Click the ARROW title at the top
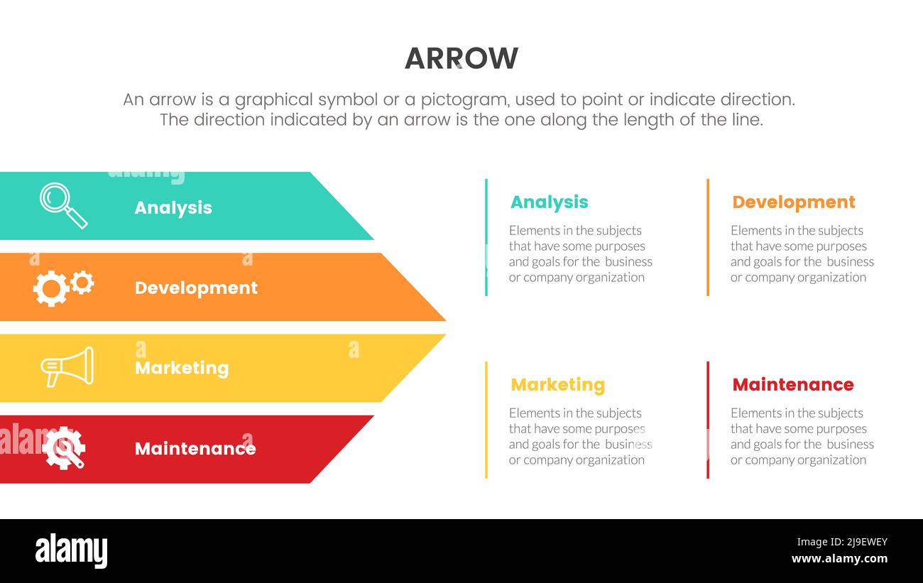461,58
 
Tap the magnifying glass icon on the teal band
63,205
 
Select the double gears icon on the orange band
63,287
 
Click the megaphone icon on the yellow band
67,366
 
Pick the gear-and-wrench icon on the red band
63,448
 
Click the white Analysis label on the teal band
173,207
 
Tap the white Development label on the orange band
196,288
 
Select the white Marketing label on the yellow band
182,368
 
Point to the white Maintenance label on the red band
195,449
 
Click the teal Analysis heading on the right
550,202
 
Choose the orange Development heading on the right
794,202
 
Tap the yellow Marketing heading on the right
558,385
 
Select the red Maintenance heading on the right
793,385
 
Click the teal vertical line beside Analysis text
486,237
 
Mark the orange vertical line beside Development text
708,237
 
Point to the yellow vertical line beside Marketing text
486,420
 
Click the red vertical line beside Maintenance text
708,420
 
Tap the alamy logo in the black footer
72,551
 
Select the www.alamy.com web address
839,559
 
